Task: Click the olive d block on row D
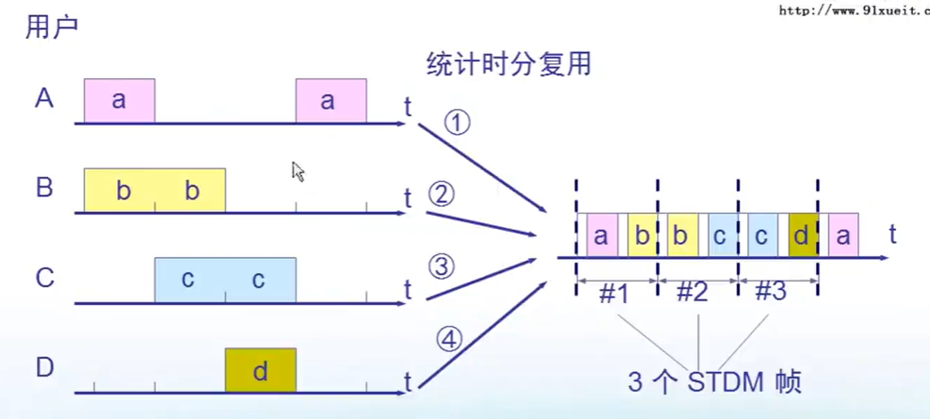pos(261,371)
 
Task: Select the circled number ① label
pos(457,123)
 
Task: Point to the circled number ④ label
pos(449,339)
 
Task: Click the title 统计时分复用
pos(508,63)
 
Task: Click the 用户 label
pos(52,26)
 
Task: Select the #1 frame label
pos(615,292)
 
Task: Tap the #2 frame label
pos(692,292)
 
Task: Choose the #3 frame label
pos(770,292)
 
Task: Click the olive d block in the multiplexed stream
pos(801,235)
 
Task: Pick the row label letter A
pos(44,98)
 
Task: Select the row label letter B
pos(44,188)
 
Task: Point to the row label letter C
pos(44,279)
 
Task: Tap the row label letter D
pos(44,368)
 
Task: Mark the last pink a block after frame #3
pos(844,235)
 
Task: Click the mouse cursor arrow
pos(298,171)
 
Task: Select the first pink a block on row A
pos(119,101)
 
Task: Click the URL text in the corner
pos(853,11)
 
